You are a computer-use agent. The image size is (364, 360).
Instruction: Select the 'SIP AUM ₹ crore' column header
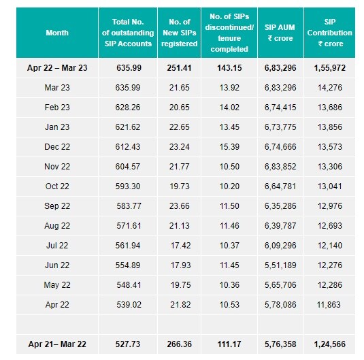280,32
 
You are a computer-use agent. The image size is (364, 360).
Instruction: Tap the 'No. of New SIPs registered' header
180,32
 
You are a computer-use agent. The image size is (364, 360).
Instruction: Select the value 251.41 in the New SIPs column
180,69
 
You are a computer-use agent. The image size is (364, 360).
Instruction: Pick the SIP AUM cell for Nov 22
280,167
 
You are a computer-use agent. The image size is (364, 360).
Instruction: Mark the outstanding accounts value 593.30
128,186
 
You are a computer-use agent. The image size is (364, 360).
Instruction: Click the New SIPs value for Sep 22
180,206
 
